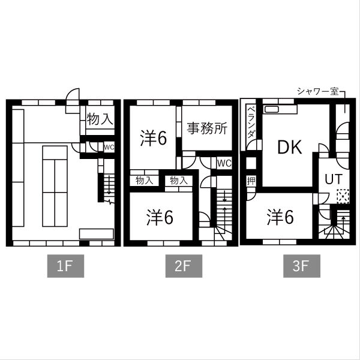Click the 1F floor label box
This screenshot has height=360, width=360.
pyautogui.click(x=65, y=266)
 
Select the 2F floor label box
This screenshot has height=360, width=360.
pyautogui.click(x=184, y=266)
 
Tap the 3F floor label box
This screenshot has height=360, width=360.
pyautogui.click(x=302, y=266)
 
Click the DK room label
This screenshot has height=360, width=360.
pyautogui.click(x=290, y=147)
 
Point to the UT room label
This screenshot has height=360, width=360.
pyautogui.click(x=334, y=179)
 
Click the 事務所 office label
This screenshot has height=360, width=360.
pyautogui.click(x=207, y=128)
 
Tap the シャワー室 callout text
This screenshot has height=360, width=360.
pyautogui.click(x=318, y=91)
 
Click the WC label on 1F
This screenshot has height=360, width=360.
pyautogui.click(x=109, y=147)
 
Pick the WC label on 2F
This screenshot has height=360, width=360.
pyautogui.click(x=224, y=163)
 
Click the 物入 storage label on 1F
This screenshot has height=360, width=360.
pyautogui.click(x=100, y=119)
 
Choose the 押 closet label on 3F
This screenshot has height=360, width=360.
pyautogui.click(x=251, y=181)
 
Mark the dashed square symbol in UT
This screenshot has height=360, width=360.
pyautogui.click(x=343, y=196)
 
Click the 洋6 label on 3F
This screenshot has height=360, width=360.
pyautogui.click(x=280, y=217)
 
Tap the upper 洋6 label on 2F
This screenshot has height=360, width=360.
pyautogui.click(x=154, y=138)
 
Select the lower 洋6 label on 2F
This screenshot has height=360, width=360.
pyautogui.click(x=160, y=217)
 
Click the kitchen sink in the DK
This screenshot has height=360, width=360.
pyautogui.click(x=271, y=109)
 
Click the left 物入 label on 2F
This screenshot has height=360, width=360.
pyautogui.click(x=145, y=181)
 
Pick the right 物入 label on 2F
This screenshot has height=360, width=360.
pyautogui.click(x=179, y=181)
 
